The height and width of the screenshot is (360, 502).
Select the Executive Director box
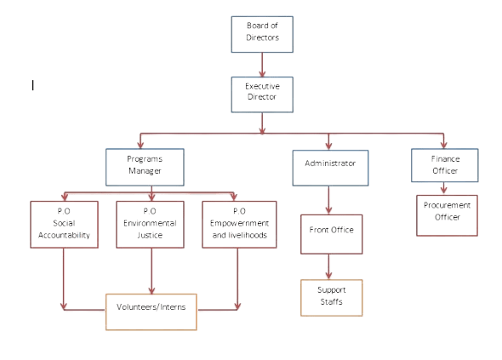[x=262, y=93]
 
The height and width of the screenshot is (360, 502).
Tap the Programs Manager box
[x=145, y=166]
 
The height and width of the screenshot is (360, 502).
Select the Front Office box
[x=329, y=231]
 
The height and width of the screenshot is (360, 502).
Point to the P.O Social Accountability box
[x=63, y=224]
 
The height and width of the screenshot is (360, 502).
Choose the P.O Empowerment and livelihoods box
[x=238, y=224]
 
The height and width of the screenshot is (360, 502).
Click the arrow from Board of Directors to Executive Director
[x=262, y=65]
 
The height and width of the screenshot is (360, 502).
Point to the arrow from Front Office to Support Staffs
[x=329, y=265]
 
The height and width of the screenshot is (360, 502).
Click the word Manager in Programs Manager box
[x=145, y=171]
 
